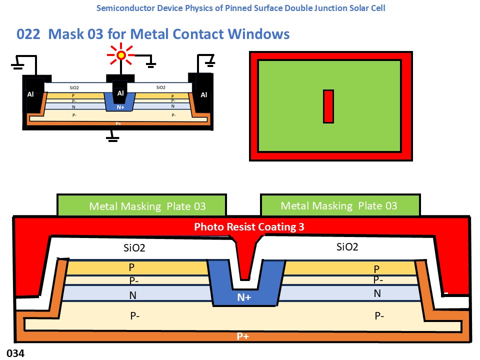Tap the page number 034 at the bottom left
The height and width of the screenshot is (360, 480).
click(x=15, y=353)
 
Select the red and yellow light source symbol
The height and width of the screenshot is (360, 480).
click(x=120, y=55)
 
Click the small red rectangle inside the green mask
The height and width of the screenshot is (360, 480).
click(x=328, y=106)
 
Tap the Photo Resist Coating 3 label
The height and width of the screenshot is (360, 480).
click(x=249, y=227)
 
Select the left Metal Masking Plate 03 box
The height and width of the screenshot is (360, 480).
click(x=141, y=205)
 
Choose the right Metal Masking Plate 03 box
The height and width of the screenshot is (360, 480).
click(x=339, y=205)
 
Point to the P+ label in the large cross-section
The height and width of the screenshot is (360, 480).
click(x=243, y=336)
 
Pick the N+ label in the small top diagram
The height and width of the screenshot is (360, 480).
click(x=120, y=106)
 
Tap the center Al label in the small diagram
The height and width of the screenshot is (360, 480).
click(x=120, y=93)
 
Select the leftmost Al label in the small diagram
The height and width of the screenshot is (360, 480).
click(x=30, y=94)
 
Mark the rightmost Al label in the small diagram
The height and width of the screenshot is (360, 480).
click(x=204, y=94)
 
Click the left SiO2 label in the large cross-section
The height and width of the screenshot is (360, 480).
click(x=134, y=247)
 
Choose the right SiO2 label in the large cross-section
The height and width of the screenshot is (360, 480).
click(x=347, y=246)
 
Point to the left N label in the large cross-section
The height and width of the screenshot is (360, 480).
click(x=132, y=295)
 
